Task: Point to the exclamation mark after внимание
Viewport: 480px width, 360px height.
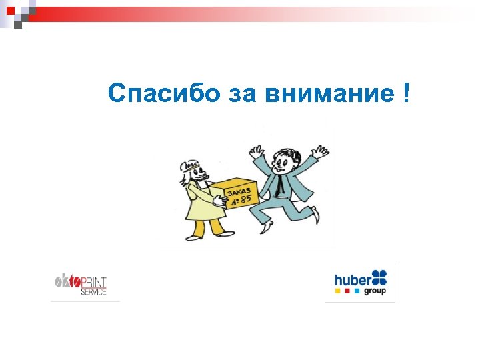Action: pyautogui.click(x=407, y=94)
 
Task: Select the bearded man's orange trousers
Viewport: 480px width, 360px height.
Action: pyautogui.click(x=207, y=227)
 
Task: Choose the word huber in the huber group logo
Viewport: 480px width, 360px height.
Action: pyautogui.click(x=351, y=279)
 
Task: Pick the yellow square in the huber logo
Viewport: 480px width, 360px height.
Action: pyautogui.click(x=337, y=291)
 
